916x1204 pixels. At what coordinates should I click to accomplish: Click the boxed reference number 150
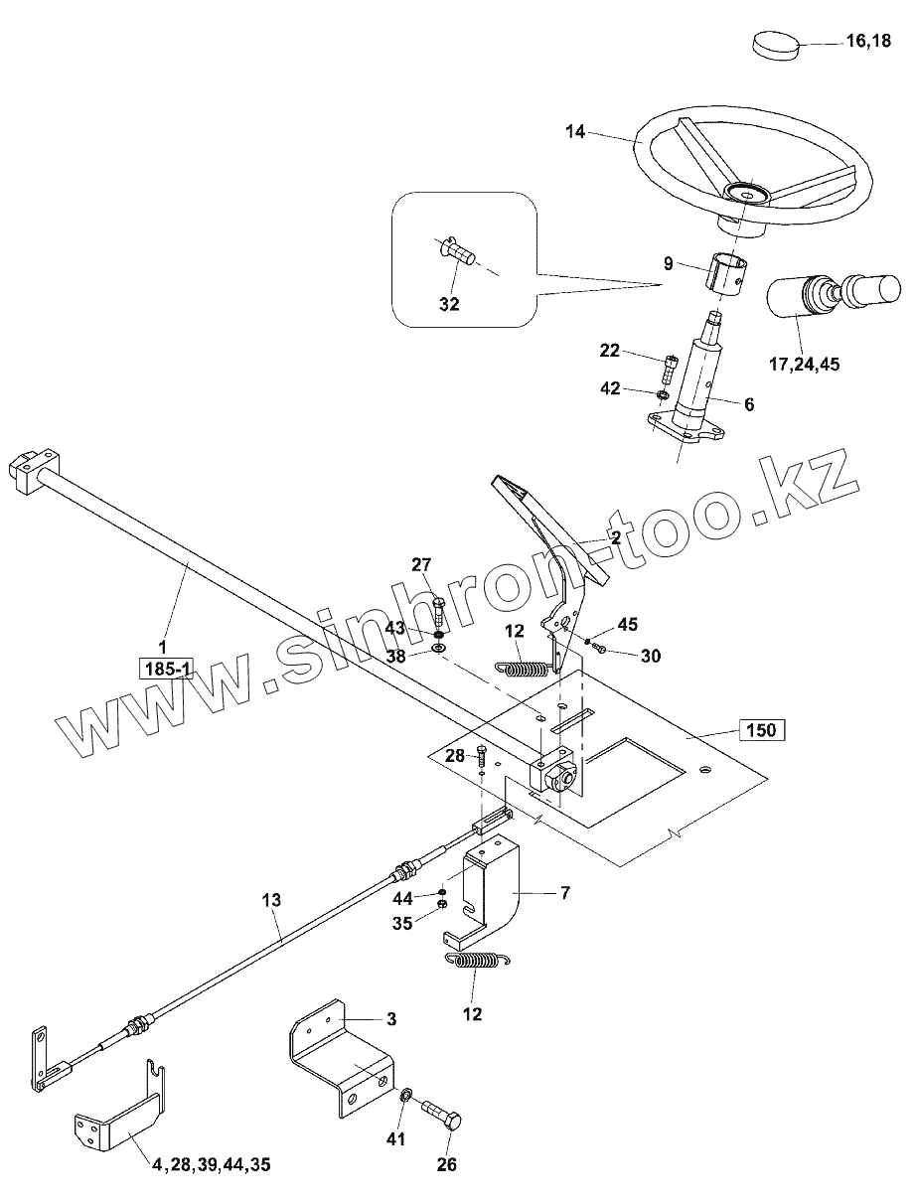[x=761, y=731]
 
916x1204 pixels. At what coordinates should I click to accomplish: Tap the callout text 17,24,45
[x=803, y=365]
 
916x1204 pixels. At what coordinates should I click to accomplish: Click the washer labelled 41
[x=405, y=1097]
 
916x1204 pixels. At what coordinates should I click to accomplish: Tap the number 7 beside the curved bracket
[x=565, y=893]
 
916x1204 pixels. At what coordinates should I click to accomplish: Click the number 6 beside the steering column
[x=748, y=404]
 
